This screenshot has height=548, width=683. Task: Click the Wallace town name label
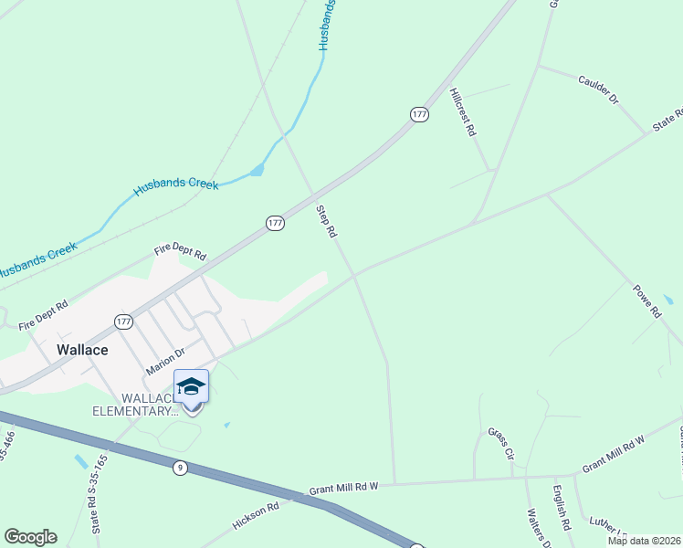click(82, 350)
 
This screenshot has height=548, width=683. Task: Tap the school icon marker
click(191, 387)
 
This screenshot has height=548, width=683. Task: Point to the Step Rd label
click(327, 222)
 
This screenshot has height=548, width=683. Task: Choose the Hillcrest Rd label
click(464, 112)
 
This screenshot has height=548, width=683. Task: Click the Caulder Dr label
click(598, 89)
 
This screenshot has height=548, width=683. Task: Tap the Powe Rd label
click(646, 300)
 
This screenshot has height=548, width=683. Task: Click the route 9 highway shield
click(181, 468)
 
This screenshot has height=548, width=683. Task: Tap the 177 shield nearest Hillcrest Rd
click(419, 114)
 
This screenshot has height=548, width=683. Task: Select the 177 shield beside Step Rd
click(276, 223)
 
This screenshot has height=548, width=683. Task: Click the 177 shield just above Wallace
click(124, 321)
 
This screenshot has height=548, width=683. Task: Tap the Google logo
click(30, 537)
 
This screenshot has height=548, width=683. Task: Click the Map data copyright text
click(643, 541)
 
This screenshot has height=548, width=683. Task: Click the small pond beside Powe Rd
click(669, 300)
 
